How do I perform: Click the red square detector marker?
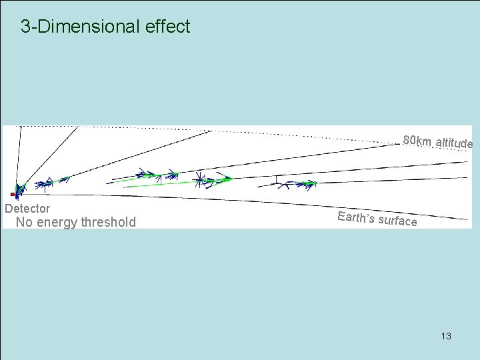click(12, 194)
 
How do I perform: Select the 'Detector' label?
click(27, 209)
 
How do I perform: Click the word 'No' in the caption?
click(24, 222)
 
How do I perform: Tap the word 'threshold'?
click(108, 222)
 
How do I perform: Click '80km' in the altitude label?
click(417, 141)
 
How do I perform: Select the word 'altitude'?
click(454, 143)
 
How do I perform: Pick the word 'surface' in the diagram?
click(398, 220)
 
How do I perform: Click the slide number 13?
click(446, 336)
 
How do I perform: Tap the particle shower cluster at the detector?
click(20, 188)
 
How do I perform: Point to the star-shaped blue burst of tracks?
click(198, 179)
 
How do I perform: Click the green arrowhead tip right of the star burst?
click(231, 179)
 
